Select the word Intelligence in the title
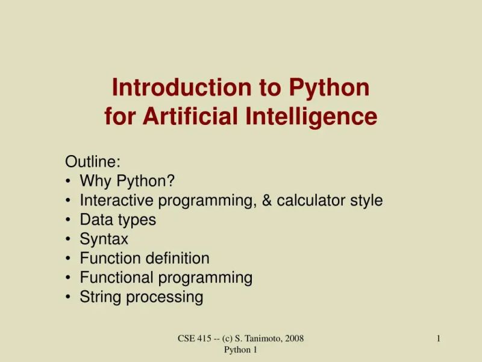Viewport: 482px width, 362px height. (311, 116)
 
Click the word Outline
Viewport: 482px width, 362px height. (92, 162)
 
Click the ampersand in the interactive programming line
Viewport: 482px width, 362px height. (267, 200)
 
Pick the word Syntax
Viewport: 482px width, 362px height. (104, 240)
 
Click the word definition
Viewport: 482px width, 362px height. (178, 258)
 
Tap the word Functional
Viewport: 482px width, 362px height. (117, 278)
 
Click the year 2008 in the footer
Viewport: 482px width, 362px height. (293, 339)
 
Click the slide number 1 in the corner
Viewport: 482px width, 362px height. (439, 339)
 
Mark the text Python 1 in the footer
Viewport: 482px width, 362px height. (241, 349)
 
